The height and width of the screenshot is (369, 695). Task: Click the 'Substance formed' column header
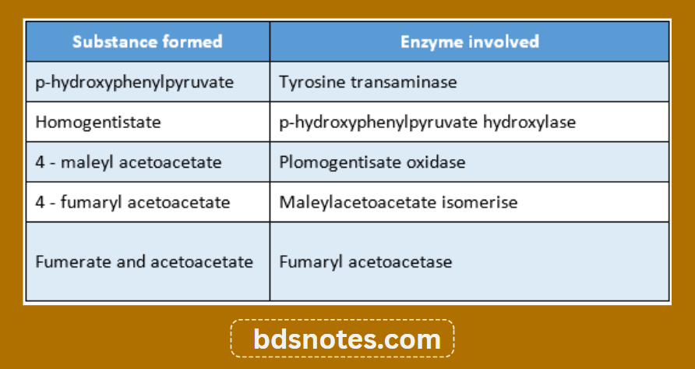click(x=147, y=41)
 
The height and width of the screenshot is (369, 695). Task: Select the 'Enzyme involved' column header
click(x=469, y=41)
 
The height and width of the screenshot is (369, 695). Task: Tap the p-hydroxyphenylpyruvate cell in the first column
click(x=135, y=82)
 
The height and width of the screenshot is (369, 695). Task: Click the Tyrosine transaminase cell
click(x=368, y=82)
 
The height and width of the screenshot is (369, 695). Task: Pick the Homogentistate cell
click(x=98, y=122)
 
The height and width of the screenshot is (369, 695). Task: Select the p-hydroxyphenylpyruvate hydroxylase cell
click(x=428, y=122)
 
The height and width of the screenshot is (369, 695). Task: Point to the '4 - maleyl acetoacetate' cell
click(x=129, y=162)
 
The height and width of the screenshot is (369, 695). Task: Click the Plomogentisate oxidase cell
click(x=372, y=162)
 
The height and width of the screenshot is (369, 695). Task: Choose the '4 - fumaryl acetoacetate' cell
click(x=132, y=202)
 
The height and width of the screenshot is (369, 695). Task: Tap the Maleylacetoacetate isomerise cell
click(x=398, y=202)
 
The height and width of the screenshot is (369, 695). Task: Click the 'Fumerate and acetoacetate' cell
click(x=144, y=261)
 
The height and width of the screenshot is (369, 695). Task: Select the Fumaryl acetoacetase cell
click(x=365, y=261)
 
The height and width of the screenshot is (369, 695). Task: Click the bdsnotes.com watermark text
click(x=347, y=339)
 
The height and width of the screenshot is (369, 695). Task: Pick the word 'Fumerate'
click(x=67, y=261)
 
